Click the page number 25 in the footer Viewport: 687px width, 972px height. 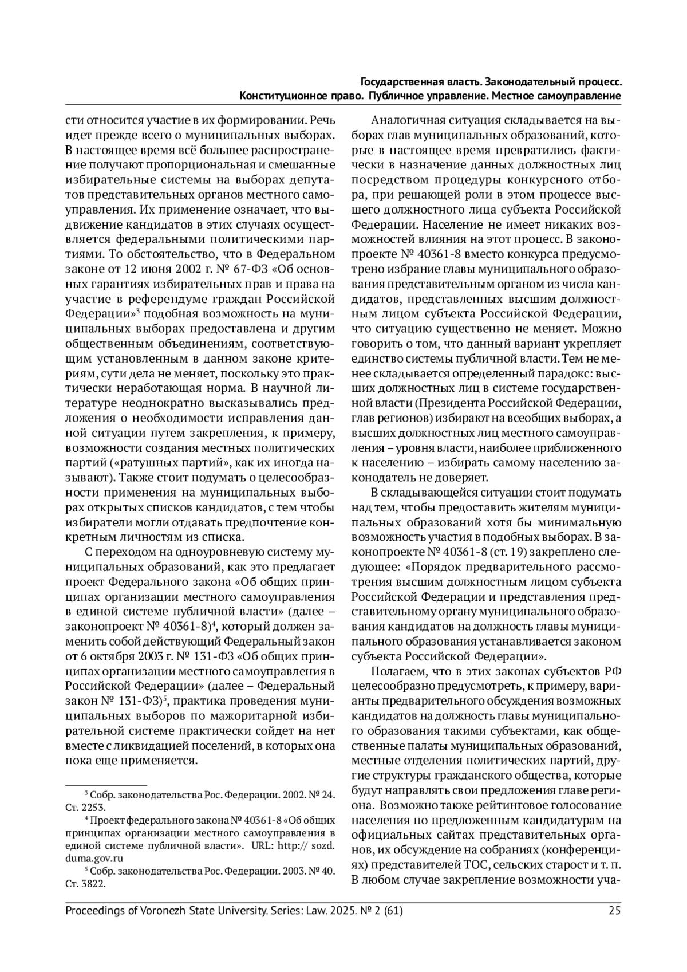click(615, 911)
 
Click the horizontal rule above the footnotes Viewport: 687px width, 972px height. click(106, 785)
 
